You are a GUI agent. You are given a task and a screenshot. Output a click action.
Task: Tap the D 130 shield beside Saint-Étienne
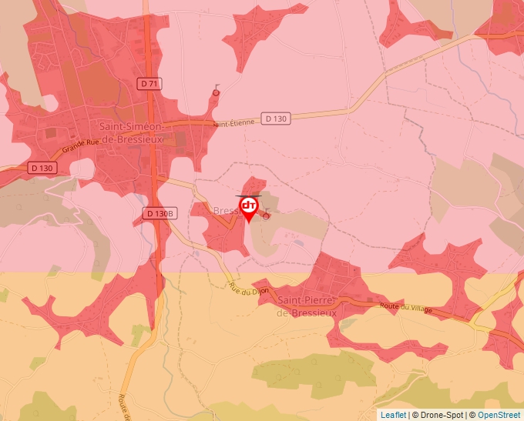(x=275, y=119)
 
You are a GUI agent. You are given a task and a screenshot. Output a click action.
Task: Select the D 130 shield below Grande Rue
(x=43, y=167)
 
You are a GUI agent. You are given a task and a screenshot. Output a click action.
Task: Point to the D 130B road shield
(x=160, y=213)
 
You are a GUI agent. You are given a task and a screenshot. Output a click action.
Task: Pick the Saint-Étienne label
(x=233, y=123)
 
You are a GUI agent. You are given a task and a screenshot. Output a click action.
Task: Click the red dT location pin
(x=249, y=208)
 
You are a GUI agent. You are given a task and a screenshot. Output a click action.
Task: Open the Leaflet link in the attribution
(x=393, y=415)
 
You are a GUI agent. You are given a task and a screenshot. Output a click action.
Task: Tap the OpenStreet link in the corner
(x=499, y=415)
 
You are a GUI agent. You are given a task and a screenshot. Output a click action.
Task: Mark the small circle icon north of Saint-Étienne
(x=216, y=92)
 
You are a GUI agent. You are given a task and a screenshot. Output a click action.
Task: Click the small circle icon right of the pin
(x=267, y=216)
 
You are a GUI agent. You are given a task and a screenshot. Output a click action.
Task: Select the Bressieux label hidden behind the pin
(x=227, y=211)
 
